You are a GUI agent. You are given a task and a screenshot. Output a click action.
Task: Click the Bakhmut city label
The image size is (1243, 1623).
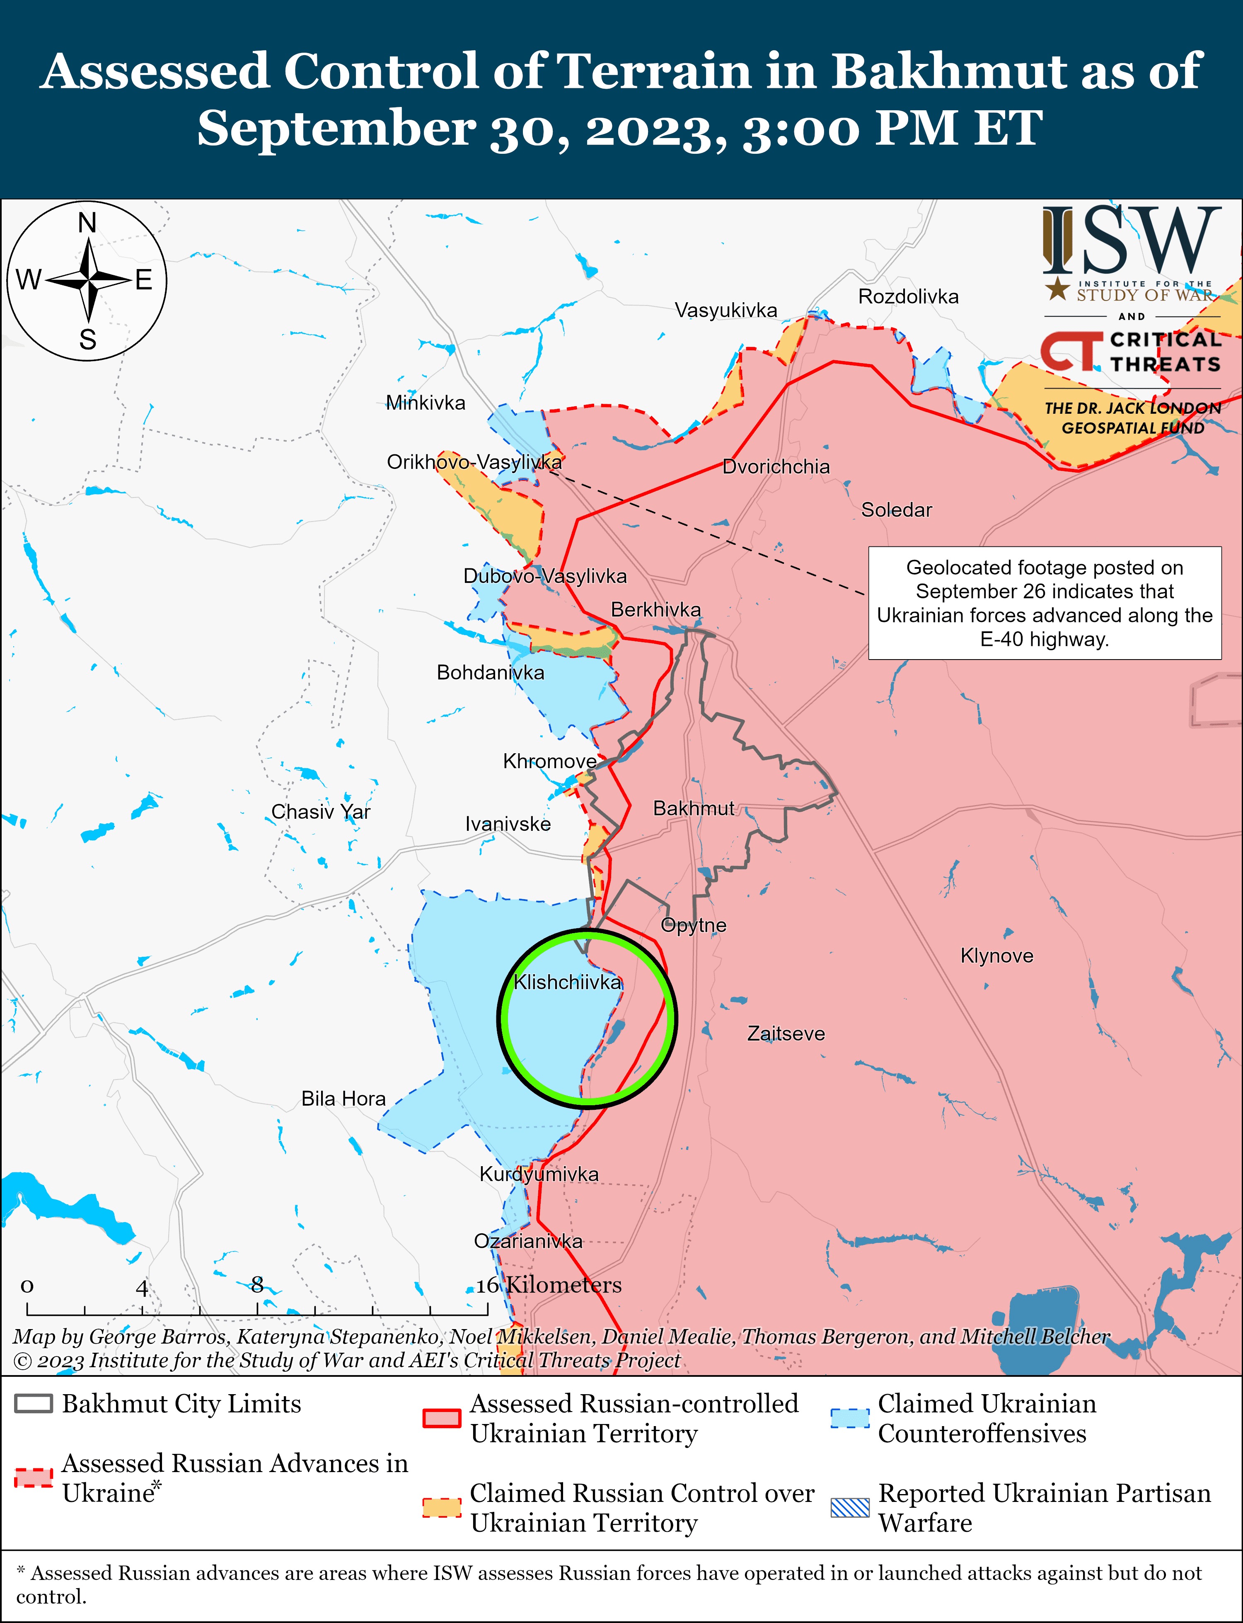(693, 808)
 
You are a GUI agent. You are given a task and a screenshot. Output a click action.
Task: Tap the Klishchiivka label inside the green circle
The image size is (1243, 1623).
(568, 982)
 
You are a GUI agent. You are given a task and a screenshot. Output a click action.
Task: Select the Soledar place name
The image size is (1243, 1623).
(896, 510)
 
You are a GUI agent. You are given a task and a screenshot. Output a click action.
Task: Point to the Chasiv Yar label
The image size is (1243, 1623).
(320, 812)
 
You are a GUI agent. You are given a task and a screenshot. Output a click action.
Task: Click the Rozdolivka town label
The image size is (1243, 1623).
(908, 297)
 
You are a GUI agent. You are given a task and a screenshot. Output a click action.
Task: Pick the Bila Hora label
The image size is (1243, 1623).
(343, 1098)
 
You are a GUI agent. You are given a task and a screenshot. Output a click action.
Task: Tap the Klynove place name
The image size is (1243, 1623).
(996, 956)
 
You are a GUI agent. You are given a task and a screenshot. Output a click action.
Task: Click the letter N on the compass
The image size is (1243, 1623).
(87, 223)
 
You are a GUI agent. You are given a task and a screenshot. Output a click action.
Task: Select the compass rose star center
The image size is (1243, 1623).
(88, 281)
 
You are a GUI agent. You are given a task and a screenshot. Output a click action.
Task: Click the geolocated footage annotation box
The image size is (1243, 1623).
(1044, 603)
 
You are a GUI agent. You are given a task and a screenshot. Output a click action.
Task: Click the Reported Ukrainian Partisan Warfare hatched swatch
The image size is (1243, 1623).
(849, 1508)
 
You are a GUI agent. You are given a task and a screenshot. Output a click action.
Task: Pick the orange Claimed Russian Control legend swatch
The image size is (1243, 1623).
(442, 1508)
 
